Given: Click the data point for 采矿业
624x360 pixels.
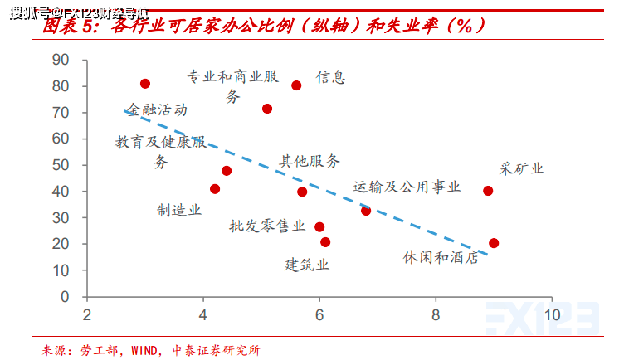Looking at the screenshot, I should coord(488,191).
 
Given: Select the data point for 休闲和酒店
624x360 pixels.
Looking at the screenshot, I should coord(494,243).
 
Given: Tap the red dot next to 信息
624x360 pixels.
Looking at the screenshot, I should coord(296,85).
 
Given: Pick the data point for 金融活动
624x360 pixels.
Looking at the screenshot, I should coord(145,84).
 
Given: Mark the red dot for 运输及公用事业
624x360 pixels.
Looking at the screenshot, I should coord(366,211).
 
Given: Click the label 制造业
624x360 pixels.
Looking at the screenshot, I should coord(179,211).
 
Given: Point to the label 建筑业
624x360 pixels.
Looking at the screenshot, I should coord(308,265).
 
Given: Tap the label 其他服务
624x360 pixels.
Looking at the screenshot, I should coord(310,161).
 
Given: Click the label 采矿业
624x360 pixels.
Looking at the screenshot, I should coord(522,169).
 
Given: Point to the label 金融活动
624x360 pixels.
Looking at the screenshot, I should coord(157,109).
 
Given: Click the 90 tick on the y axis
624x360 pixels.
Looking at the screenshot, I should coord(60,60).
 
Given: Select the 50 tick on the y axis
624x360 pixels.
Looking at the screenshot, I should coord(60,165).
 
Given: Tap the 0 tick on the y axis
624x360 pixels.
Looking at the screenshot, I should coord(64,297).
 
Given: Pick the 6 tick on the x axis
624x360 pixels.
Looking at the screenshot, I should coord(319,315).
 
